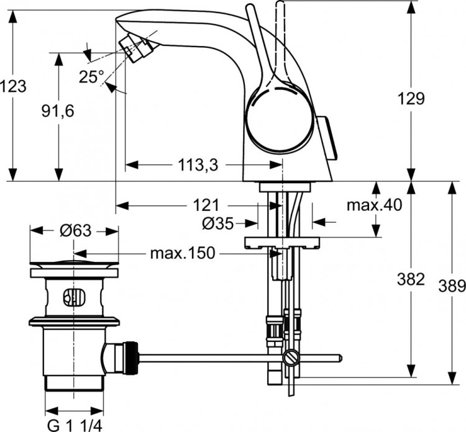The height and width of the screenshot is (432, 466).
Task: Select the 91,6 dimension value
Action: pos(58,110)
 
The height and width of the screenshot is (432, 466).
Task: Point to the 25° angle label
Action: pos(91,76)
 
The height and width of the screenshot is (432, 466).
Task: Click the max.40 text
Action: pos(375,205)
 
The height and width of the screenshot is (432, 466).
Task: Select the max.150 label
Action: pos(183,253)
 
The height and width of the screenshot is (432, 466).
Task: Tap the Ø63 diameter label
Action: pos(75,230)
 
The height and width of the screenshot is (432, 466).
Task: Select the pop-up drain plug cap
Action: pos(74,268)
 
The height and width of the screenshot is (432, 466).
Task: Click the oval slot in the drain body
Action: pos(73,298)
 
